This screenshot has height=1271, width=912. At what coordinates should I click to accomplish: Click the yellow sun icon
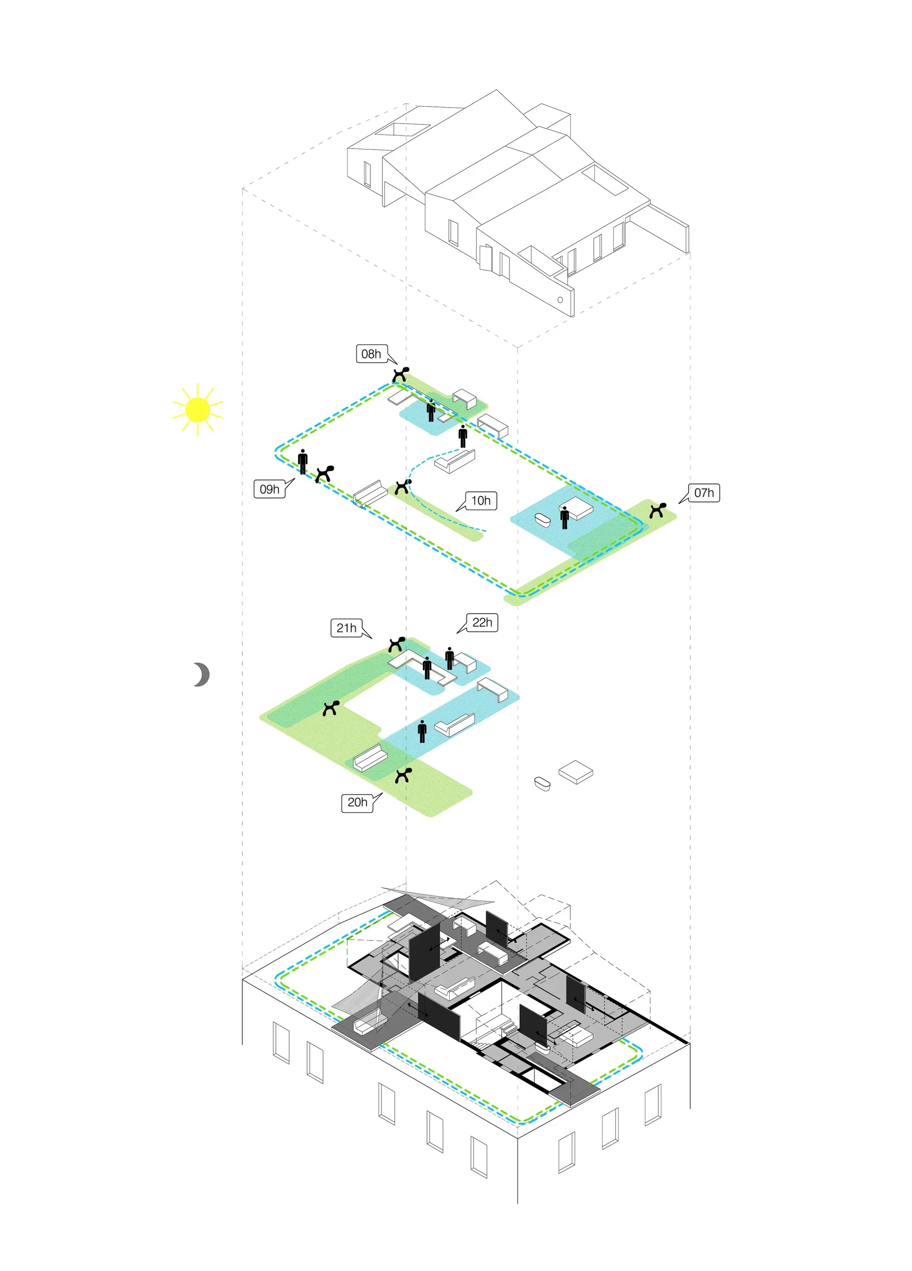197,410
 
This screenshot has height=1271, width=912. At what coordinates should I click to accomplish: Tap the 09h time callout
269,489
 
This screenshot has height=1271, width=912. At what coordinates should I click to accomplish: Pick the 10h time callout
481,500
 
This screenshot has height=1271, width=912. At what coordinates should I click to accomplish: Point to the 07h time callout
704,493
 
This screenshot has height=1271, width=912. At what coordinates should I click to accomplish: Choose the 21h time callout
346,628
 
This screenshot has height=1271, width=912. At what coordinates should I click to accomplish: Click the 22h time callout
482,622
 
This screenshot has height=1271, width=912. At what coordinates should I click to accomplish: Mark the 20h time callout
357,802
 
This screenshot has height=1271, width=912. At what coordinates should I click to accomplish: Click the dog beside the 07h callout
657,510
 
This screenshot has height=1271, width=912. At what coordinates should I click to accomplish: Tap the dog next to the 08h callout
400,374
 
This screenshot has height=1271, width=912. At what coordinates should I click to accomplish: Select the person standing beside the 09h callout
303,461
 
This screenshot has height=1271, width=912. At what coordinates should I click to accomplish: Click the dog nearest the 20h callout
403,775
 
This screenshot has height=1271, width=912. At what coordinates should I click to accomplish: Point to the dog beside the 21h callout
396,644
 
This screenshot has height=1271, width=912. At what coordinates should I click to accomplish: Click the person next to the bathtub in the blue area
564,517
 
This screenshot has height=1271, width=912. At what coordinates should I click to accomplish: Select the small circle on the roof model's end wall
560,299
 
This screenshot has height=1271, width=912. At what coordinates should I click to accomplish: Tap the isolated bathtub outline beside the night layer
542,783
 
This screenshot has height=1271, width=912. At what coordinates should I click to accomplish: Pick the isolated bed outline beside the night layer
576,772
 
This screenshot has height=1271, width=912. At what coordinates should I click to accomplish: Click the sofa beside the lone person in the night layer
455,723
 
